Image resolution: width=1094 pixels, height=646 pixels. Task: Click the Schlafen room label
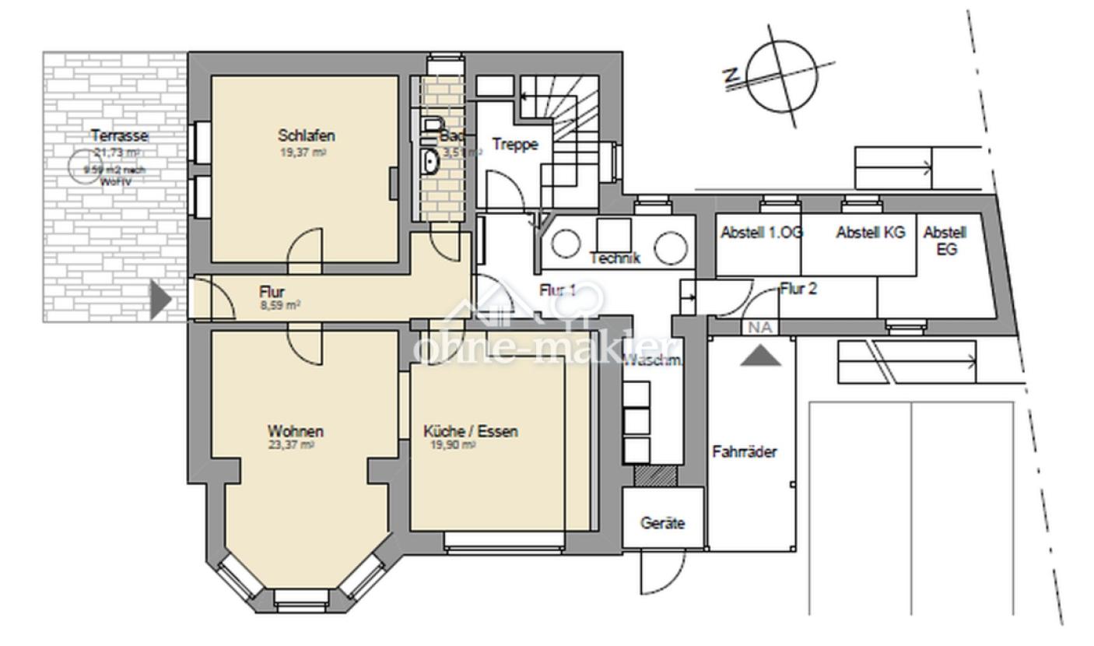point(306,136)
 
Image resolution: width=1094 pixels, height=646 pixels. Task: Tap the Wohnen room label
point(296,431)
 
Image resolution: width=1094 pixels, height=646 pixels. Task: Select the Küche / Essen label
point(470,431)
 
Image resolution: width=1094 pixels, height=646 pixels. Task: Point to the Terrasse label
point(119,135)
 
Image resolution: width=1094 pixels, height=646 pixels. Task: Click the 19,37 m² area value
point(303,153)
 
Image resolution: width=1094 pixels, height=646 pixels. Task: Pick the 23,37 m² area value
point(291,445)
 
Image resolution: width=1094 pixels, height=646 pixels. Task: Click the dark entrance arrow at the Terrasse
point(160,300)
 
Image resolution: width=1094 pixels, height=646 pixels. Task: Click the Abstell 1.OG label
point(761,233)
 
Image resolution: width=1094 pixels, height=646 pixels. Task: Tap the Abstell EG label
point(945,240)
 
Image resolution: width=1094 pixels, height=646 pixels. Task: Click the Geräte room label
point(663,524)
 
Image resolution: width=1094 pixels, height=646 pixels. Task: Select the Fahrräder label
point(745,451)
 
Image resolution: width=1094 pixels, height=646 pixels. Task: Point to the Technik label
point(615,258)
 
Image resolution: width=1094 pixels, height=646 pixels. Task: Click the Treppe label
point(515,144)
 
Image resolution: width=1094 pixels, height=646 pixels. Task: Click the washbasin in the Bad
point(430,162)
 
